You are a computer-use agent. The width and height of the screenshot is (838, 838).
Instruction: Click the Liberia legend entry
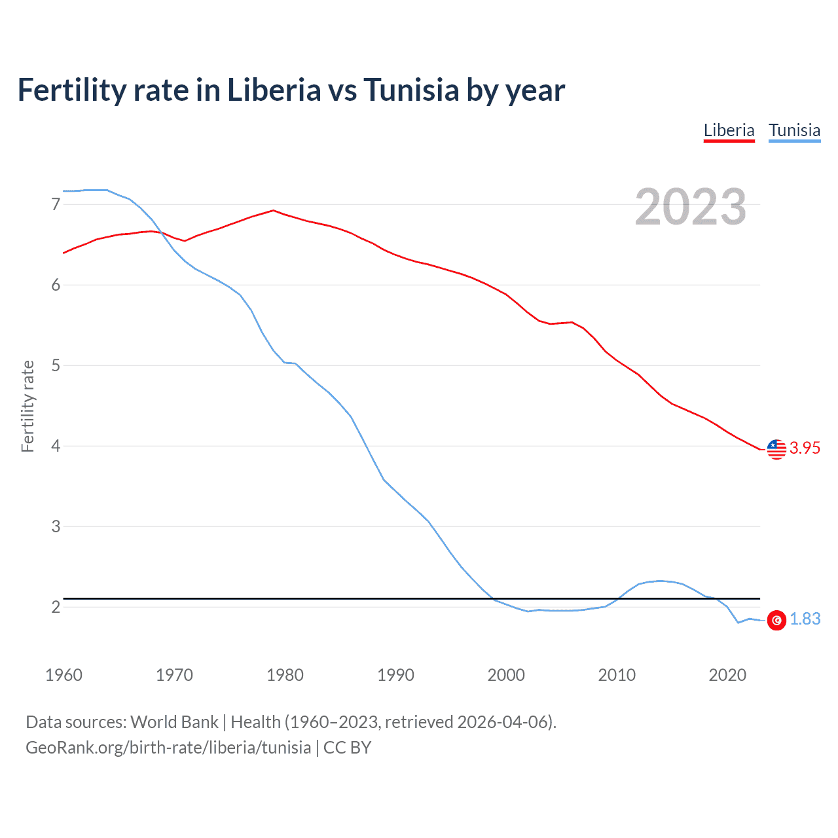(x=729, y=130)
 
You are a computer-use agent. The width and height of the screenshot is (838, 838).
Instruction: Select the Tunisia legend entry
(x=794, y=130)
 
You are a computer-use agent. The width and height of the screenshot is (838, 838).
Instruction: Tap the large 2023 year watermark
(x=690, y=207)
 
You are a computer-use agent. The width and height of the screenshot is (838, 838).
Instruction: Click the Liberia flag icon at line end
(x=776, y=449)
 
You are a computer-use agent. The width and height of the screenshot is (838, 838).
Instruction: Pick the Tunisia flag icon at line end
(x=776, y=620)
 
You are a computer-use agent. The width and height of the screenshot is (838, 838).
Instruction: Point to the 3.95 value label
(x=805, y=448)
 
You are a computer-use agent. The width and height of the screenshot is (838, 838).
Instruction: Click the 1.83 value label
(x=805, y=619)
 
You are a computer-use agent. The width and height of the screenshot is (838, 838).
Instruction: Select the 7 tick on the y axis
(x=56, y=204)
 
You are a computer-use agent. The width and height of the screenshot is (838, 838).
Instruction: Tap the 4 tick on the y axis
(x=56, y=446)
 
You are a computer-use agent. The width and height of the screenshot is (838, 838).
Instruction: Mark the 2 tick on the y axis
(x=56, y=607)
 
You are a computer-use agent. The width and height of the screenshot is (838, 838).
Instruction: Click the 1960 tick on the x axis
(x=64, y=675)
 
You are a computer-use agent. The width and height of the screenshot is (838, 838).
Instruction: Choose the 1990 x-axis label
(x=395, y=675)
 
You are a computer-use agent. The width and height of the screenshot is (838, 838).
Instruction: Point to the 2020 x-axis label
(x=727, y=675)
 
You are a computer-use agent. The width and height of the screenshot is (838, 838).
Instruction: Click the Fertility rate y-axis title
(x=27, y=406)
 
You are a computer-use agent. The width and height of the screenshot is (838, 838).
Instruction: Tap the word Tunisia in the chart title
(x=411, y=90)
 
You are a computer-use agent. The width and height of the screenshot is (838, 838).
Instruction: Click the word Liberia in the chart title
(x=274, y=90)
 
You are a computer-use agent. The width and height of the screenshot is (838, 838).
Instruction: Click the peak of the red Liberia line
(x=273, y=211)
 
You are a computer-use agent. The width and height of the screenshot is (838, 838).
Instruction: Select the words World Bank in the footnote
(x=174, y=722)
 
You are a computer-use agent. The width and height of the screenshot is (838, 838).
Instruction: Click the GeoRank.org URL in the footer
(x=168, y=748)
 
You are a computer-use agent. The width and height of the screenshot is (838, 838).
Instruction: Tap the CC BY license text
(x=348, y=748)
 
